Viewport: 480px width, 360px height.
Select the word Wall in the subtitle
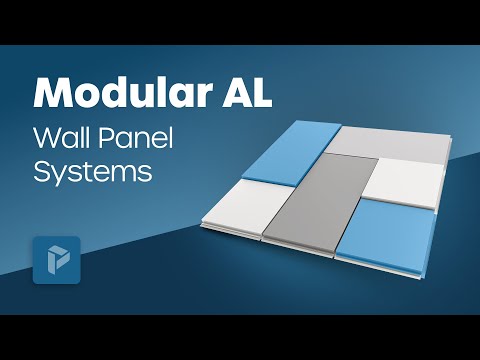click(60, 137)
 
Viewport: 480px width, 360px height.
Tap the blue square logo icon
click(56, 260)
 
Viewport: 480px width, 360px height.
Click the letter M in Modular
click(53, 94)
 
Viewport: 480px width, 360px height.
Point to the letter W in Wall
click(45, 137)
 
